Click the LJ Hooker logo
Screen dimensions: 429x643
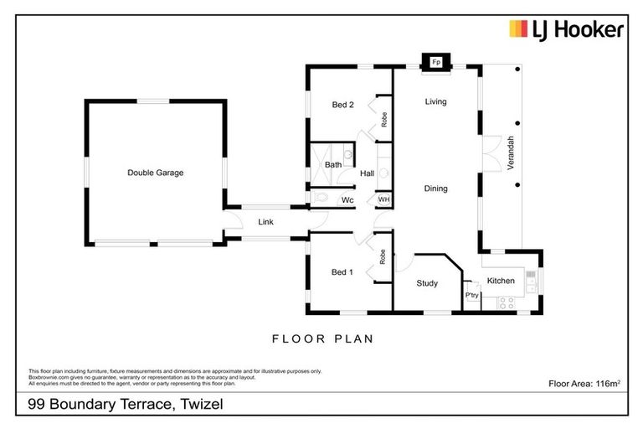click(567, 30)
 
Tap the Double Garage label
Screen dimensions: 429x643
click(155, 173)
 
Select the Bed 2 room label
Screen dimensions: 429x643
click(343, 105)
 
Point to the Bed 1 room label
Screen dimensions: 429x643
click(342, 272)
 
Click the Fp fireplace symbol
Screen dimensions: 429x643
click(435, 62)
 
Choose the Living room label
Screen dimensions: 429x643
click(435, 101)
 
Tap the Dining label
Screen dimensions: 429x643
click(435, 189)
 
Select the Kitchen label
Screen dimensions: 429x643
click(501, 281)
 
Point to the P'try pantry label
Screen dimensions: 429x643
click(471, 296)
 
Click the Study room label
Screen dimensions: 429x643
click(427, 283)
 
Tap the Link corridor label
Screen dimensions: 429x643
click(265, 222)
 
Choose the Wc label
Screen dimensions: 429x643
click(347, 200)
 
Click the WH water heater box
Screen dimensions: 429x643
click(383, 199)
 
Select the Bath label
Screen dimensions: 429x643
click(332, 165)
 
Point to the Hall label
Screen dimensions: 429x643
click(367, 173)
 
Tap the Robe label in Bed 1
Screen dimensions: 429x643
click(383, 258)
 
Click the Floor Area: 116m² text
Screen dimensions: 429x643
click(584, 384)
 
